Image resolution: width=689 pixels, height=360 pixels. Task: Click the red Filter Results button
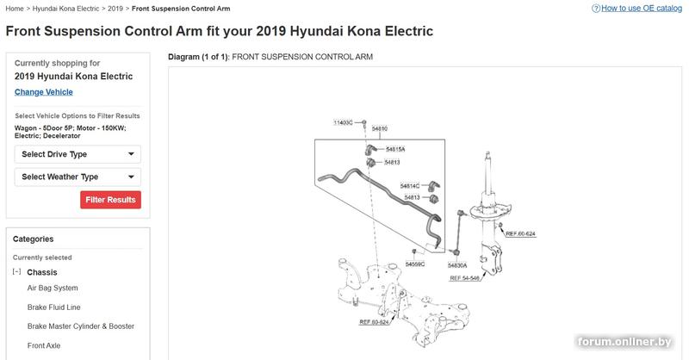[x=110, y=200]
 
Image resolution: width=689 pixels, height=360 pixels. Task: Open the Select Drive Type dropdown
[x=78, y=154]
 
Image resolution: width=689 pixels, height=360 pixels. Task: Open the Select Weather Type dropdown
[x=78, y=177]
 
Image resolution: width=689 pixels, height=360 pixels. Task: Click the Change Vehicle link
[x=44, y=92]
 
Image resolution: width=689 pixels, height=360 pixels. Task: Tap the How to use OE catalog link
[x=641, y=9]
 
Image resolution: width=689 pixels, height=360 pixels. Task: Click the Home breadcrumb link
[x=15, y=9]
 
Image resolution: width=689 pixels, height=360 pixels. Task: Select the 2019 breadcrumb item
[x=115, y=9]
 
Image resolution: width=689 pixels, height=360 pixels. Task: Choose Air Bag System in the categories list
[x=53, y=288]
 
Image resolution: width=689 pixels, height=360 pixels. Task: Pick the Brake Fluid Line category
[x=53, y=307]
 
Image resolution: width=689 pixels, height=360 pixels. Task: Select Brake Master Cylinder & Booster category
[x=81, y=326]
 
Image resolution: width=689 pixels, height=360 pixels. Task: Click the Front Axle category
[x=44, y=345]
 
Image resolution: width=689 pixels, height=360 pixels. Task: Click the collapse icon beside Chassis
[x=16, y=271]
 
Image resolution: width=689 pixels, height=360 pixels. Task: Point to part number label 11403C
[x=343, y=122]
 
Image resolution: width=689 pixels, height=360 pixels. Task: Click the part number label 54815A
[x=395, y=150]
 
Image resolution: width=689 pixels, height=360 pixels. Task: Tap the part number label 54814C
[x=410, y=186]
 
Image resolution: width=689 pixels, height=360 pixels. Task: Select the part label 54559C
[x=415, y=264]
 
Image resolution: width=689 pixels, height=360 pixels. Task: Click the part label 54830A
[x=457, y=265]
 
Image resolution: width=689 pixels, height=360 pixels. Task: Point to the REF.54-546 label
[x=464, y=278]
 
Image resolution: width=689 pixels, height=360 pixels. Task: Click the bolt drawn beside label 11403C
[x=363, y=122]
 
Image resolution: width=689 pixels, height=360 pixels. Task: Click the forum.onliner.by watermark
[x=624, y=342]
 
